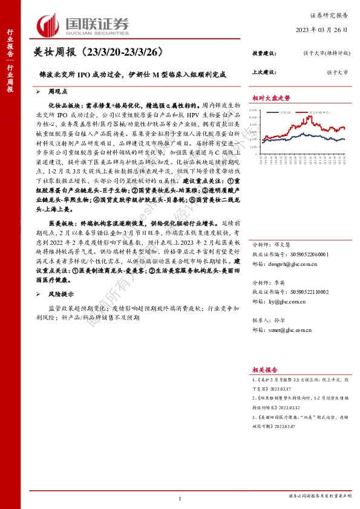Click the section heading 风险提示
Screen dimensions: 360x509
coord(60,294)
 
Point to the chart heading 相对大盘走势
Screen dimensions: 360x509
coord(271,97)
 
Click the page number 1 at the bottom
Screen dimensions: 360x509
coord(180,498)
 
